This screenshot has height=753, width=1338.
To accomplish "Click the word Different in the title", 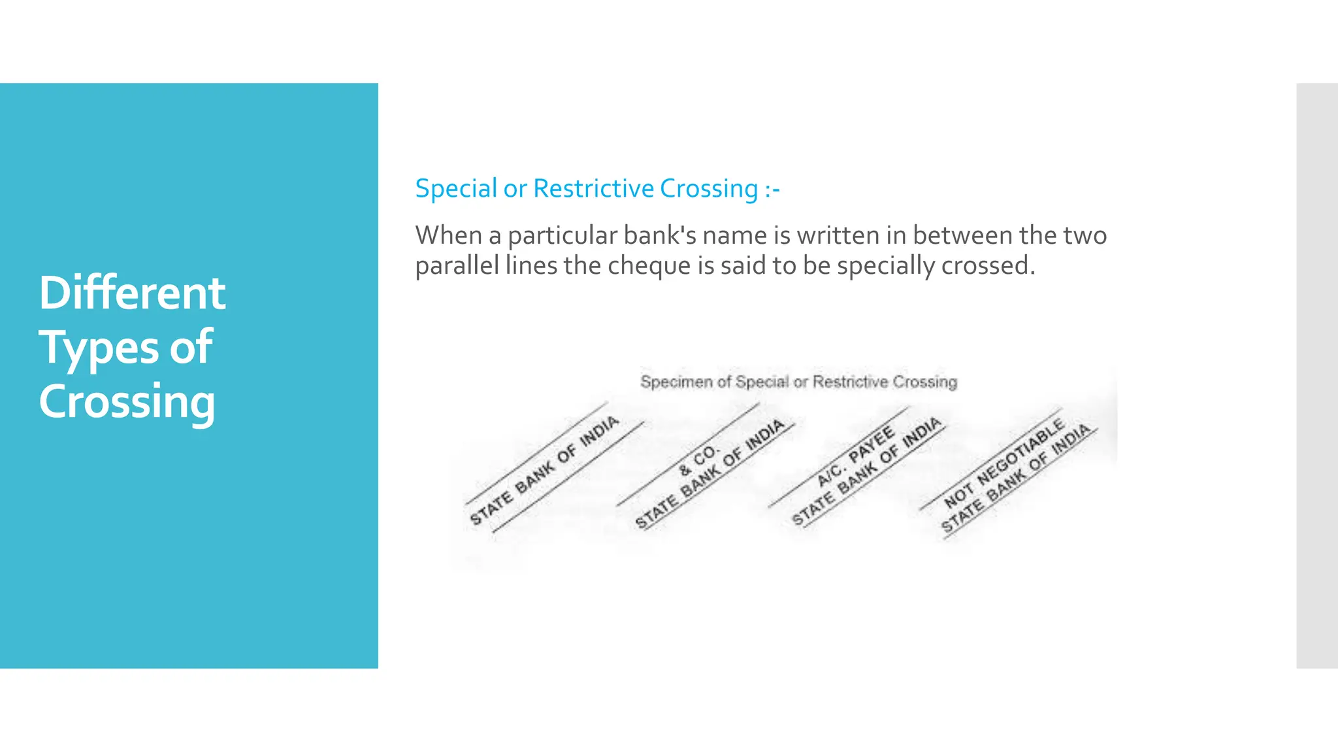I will (132, 293).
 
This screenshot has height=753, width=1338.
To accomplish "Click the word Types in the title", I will (98, 348).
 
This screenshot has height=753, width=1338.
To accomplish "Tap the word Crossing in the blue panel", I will (127, 402).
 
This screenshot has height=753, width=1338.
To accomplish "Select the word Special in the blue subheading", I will (456, 189).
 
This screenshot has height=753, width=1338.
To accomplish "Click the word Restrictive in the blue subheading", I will (593, 189).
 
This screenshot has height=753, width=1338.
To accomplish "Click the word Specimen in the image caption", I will (676, 382).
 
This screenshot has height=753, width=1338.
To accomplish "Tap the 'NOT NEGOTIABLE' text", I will (1004, 464).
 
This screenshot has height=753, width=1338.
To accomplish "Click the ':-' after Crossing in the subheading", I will (772, 189).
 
